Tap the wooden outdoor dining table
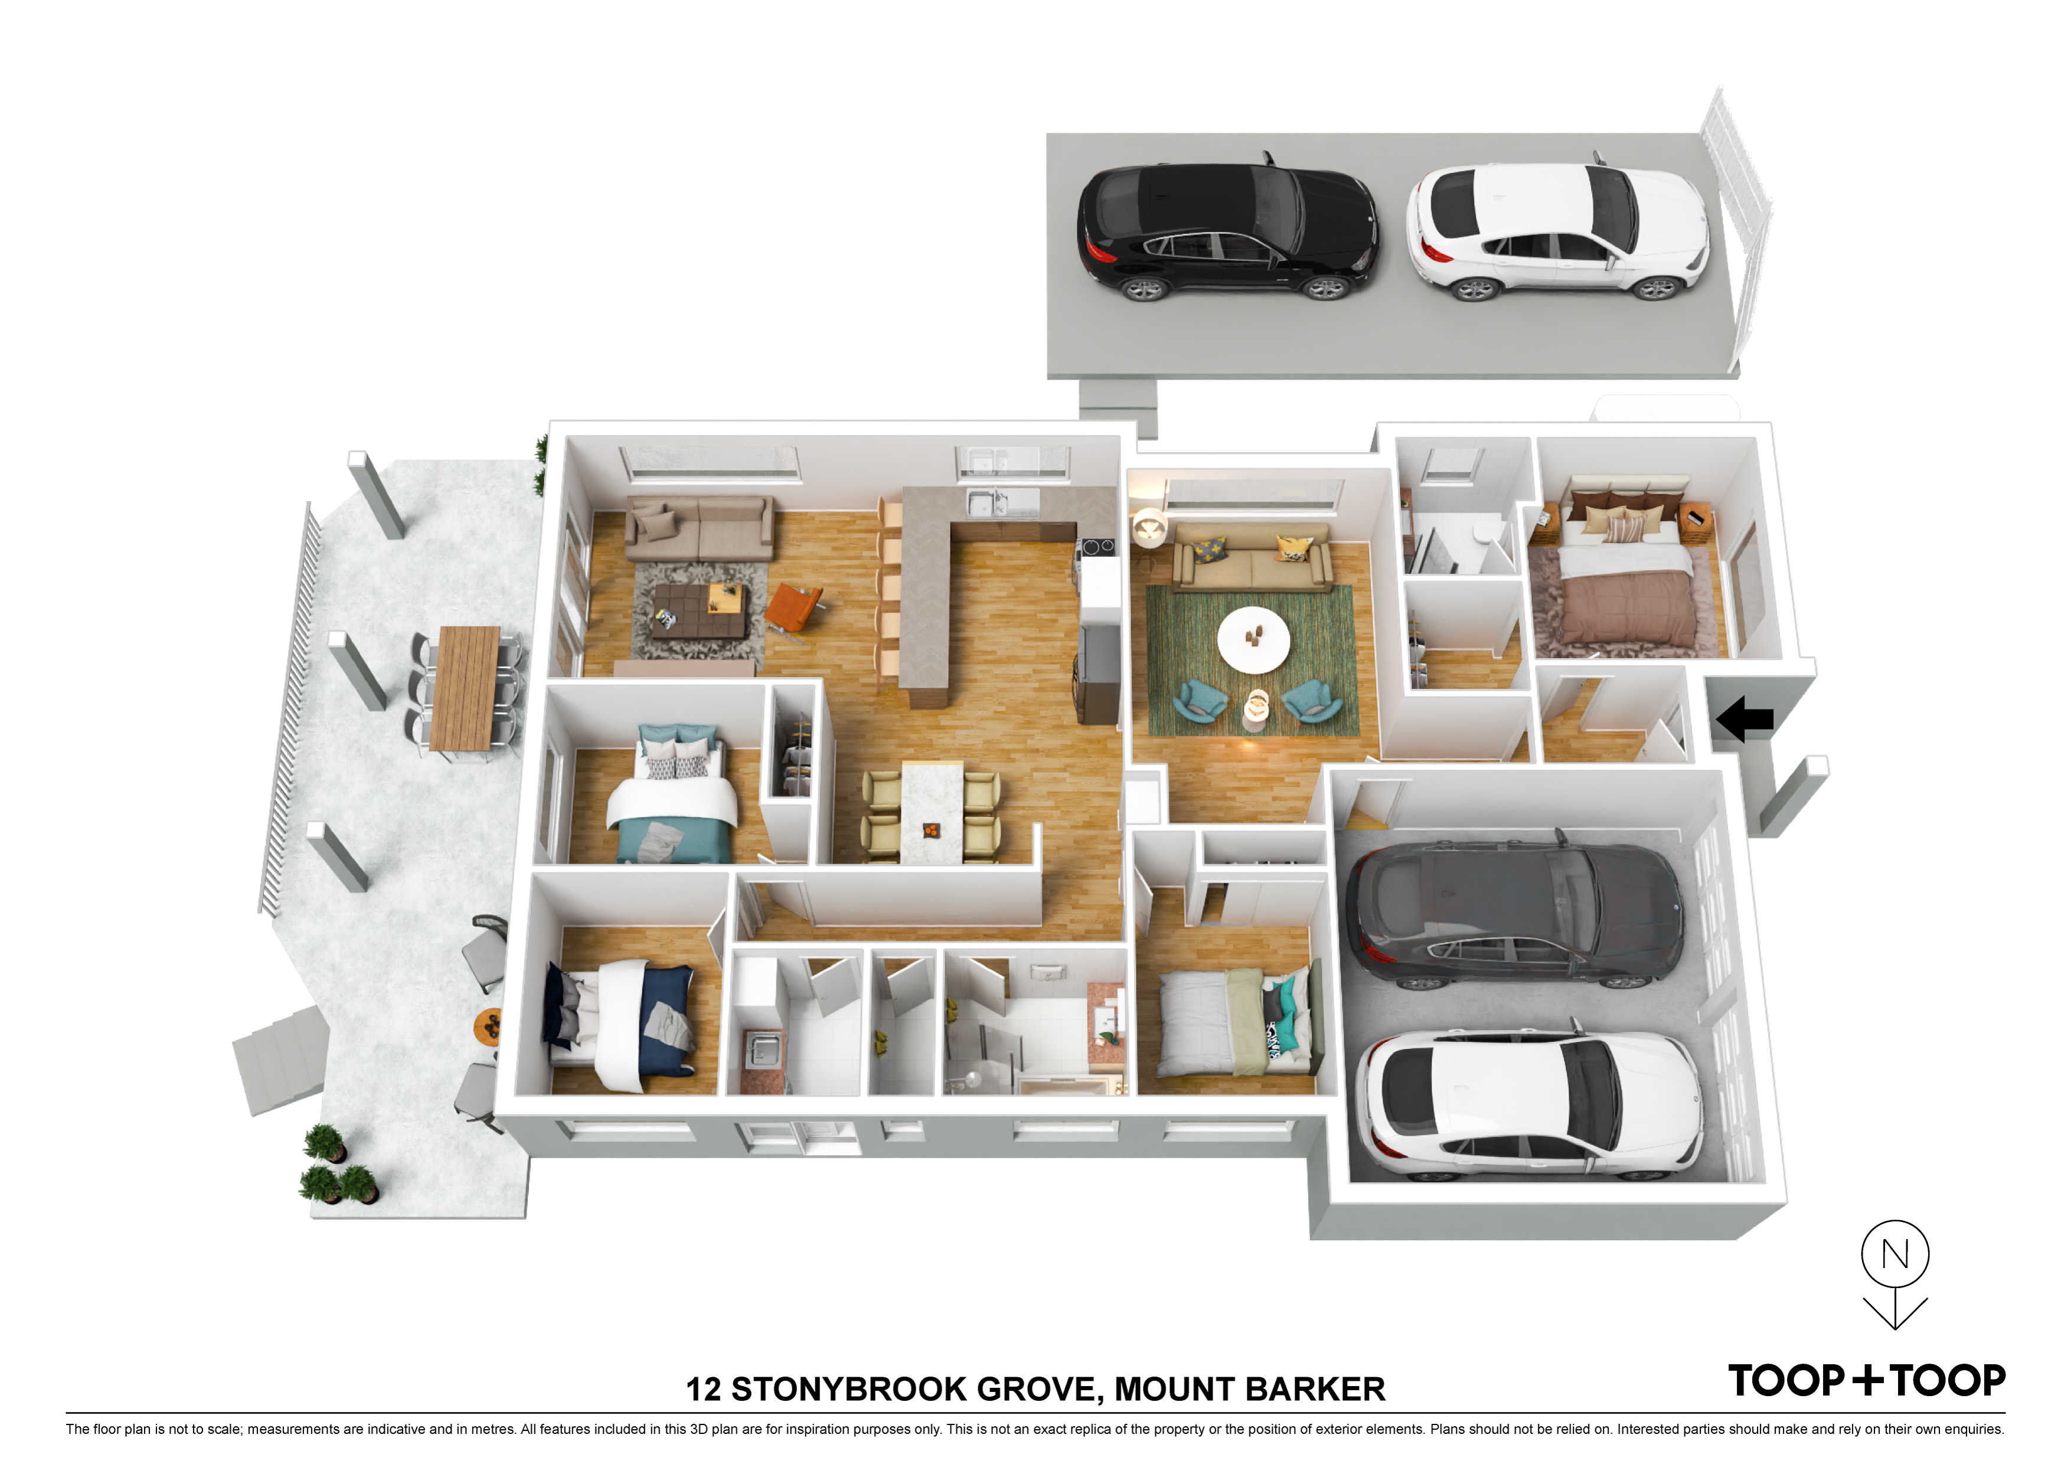465,687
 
